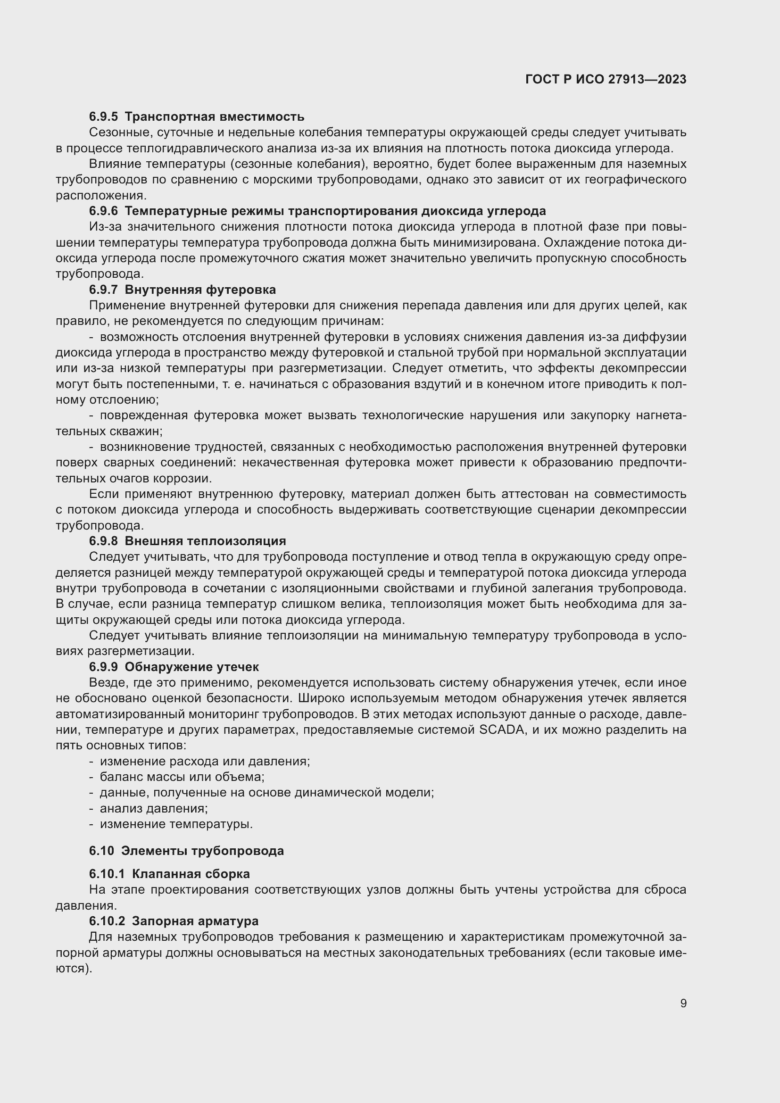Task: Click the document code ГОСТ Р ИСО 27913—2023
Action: click(x=606, y=80)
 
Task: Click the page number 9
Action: click(x=683, y=1003)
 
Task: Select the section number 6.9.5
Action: click(x=103, y=117)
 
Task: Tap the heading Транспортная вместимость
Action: click(x=214, y=117)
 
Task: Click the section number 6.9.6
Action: click(x=103, y=211)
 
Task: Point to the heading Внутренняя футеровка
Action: click(x=200, y=290)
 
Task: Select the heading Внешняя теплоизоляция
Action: click(x=205, y=541)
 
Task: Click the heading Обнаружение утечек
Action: click(x=191, y=667)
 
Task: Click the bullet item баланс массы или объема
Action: click(x=182, y=777)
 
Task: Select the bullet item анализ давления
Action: click(x=154, y=809)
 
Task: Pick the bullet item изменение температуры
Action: click(x=176, y=824)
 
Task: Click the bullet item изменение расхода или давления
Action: click(x=205, y=762)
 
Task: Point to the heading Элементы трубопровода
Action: click(x=202, y=851)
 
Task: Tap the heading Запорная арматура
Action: click(x=195, y=921)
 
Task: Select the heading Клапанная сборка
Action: click(x=191, y=874)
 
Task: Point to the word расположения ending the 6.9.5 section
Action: click(x=100, y=196)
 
